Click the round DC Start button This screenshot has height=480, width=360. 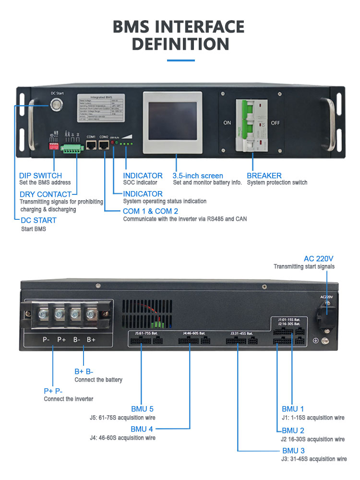pyautogui.click(x=57, y=103)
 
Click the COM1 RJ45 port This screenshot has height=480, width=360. pyautogui.click(x=91, y=145)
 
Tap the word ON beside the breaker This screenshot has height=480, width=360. pyautogui.click(x=227, y=123)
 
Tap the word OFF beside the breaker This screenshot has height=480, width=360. pyautogui.click(x=275, y=123)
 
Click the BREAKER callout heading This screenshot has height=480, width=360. pyautogui.click(x=264, y=176)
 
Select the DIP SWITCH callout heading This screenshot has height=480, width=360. pyautogui.click(x=40, y=176)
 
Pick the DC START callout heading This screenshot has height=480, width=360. pyautogui.click(x=38, y=220)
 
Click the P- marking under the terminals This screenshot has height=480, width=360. pyautogui.click(x=46, y=339)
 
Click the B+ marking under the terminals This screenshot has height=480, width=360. pyautogui.click(x=91, y=339)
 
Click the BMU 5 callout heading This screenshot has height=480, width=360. pyautogui.click(x=142, y=409)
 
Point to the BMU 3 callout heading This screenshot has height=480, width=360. pyautogui.click(x=293, y=451)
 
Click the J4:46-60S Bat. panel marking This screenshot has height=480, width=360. pyautogui.click(x=194, y=333)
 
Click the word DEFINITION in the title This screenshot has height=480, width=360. pyautogui.click(x=180, y=44)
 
